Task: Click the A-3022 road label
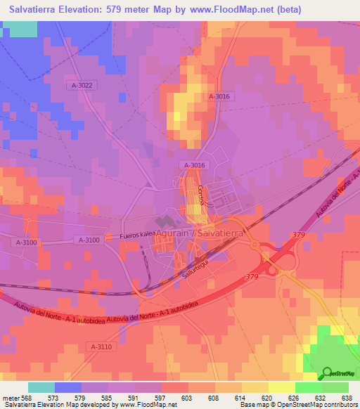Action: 82,85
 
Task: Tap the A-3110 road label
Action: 101,346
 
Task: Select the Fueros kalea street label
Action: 137,236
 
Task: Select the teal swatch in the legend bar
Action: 41,387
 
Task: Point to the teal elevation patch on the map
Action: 23,29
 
